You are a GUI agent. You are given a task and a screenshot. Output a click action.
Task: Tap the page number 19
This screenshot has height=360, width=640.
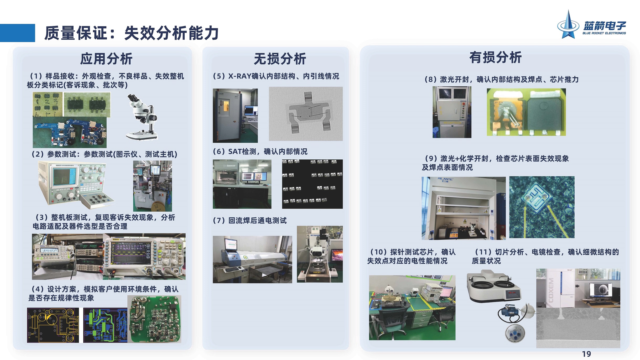(x=586, y=354)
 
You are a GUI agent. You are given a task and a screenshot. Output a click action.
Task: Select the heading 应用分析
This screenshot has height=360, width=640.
(x=106, y=59)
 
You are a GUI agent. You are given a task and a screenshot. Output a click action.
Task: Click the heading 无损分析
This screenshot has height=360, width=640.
(x=280, y=59)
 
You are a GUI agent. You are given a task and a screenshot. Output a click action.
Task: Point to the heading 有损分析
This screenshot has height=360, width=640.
(x=495, y=57)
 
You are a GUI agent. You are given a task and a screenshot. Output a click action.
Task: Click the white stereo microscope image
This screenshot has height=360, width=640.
(x=142, y=117)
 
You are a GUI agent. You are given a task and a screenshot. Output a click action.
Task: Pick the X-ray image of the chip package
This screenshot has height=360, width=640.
(x=305, y=114)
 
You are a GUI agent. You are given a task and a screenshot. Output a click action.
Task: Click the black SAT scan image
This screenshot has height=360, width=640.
(x=312, y=184)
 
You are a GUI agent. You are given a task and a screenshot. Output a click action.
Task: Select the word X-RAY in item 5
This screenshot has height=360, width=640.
(x=240, y=76)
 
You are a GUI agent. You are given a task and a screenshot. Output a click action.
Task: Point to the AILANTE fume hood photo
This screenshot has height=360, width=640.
(x=463, y=208)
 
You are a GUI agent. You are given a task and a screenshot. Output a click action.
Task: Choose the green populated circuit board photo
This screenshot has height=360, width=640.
(x=154, y=319)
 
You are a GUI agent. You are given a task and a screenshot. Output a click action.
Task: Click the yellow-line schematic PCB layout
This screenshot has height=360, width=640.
(x=53, y=325)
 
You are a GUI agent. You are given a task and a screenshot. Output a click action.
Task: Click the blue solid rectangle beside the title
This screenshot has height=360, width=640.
(x=17, y=33)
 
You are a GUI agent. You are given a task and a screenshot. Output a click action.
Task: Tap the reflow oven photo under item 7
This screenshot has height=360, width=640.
(x=252, y=259)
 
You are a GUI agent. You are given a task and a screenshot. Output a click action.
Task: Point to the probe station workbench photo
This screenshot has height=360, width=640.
(x=412, y=307)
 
